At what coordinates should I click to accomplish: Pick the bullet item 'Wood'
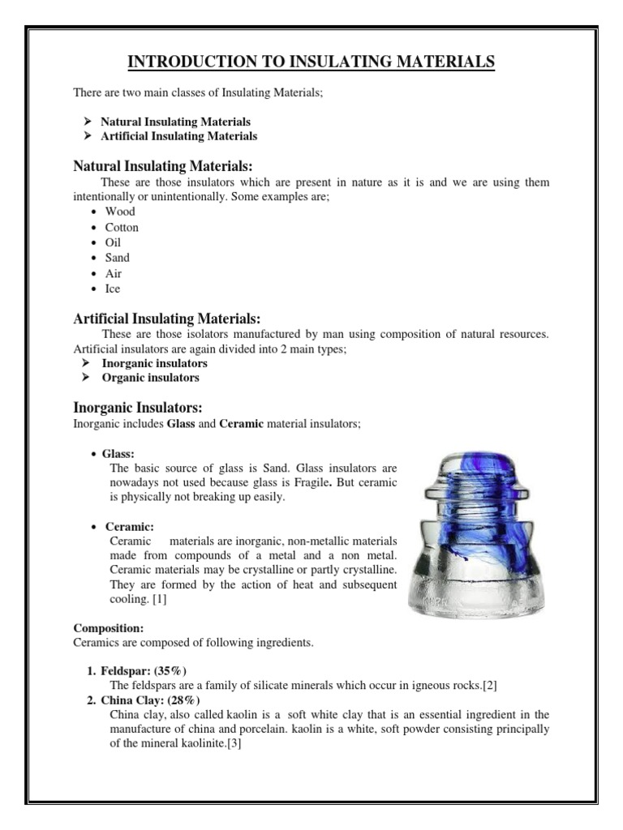click(120, 212)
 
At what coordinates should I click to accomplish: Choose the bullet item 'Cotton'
click(122, 228)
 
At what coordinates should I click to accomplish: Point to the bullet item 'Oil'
click(112, 242)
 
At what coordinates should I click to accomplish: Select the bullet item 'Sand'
click(117, 258)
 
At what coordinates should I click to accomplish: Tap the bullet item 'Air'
click(112, 274)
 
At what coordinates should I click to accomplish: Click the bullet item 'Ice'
click(112, 289)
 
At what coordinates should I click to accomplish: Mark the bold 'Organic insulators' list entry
click(150, 378)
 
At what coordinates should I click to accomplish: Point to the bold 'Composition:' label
click(109, 627)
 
